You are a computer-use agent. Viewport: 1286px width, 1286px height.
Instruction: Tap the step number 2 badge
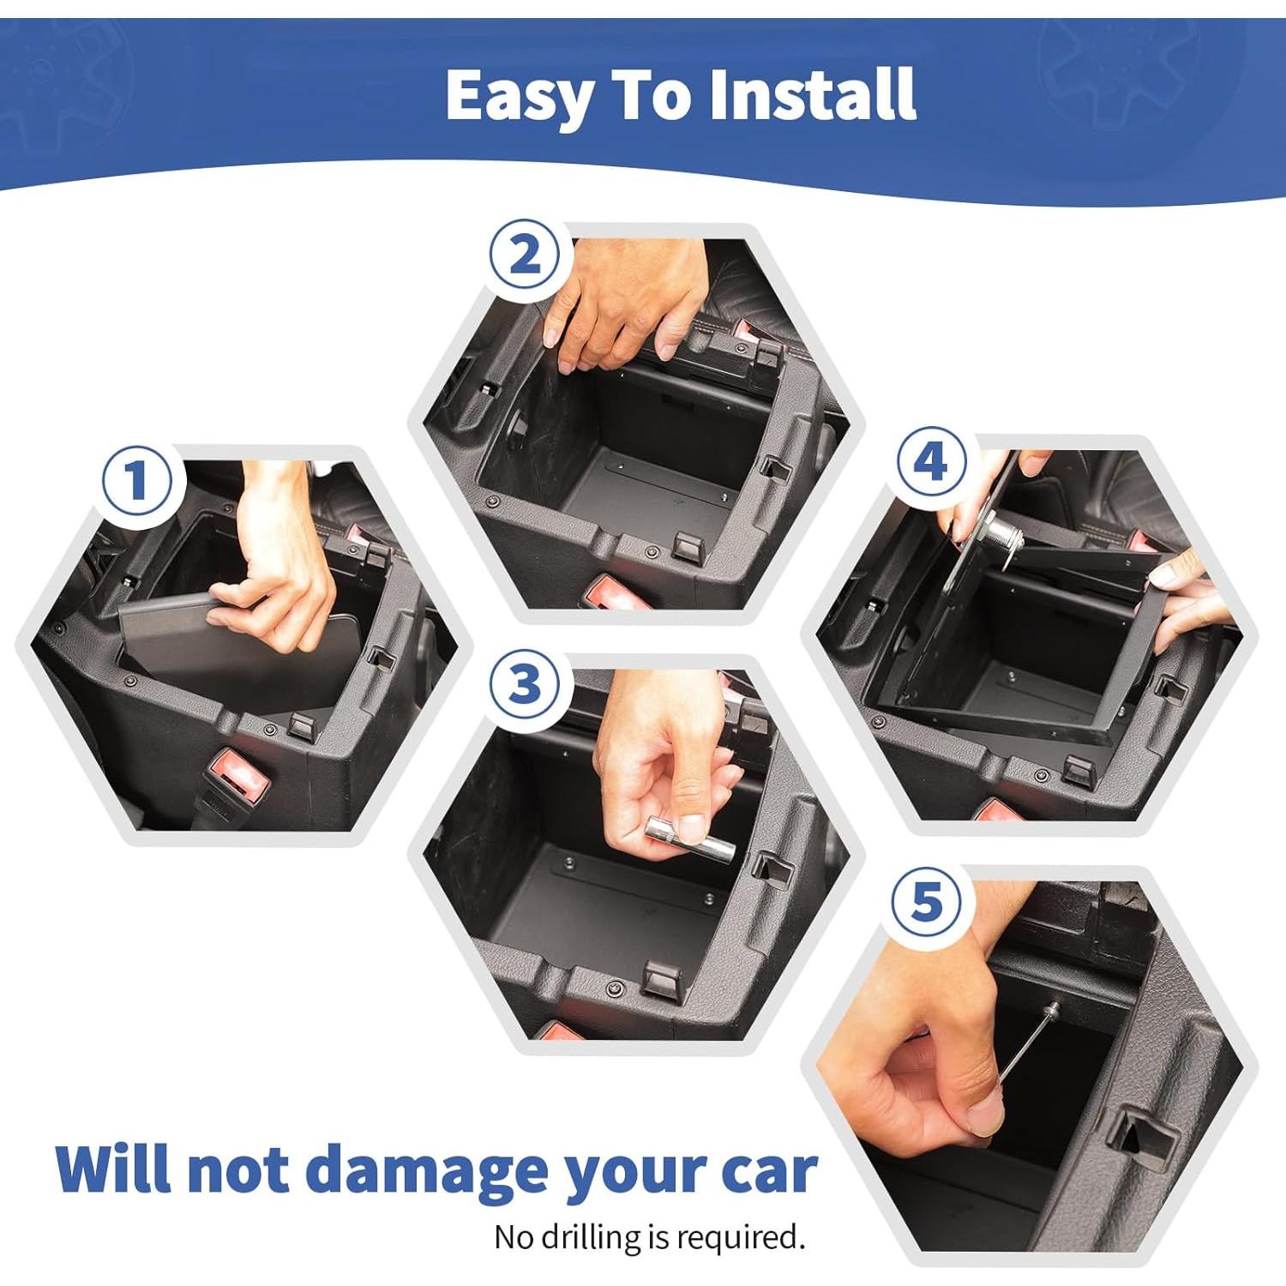pyautogui.click(x=525, y=255)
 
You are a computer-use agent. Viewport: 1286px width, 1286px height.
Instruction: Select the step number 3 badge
pyautogui.click(x=525, y=684)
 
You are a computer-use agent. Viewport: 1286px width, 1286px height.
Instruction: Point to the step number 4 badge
pyautogui.click(x=931, y=462)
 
